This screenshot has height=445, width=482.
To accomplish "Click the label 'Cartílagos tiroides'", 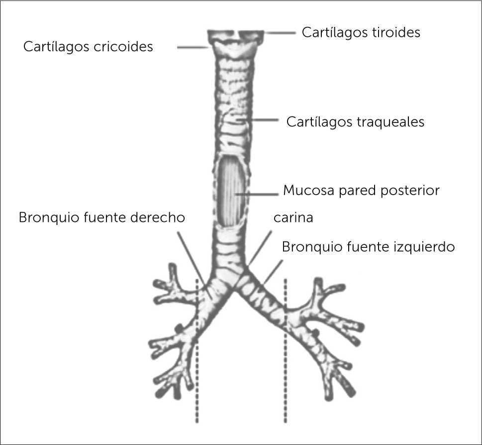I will [x=361, y=32].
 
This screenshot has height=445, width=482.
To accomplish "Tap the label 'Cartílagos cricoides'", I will [x=88, y=47].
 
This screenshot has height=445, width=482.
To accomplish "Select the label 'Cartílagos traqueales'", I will [x=355, y=122].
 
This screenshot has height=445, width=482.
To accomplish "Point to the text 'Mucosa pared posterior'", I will [x=361, y=190].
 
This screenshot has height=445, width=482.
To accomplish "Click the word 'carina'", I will [x=293, y=218].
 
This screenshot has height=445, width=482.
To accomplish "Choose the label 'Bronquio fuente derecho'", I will [x=102, y=218].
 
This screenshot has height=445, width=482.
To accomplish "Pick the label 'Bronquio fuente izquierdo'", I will [x=368, y=247].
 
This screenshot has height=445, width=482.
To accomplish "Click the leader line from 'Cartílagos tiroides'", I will [x=281, y=33].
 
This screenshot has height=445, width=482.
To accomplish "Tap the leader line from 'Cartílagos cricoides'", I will [x=193, y=48].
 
